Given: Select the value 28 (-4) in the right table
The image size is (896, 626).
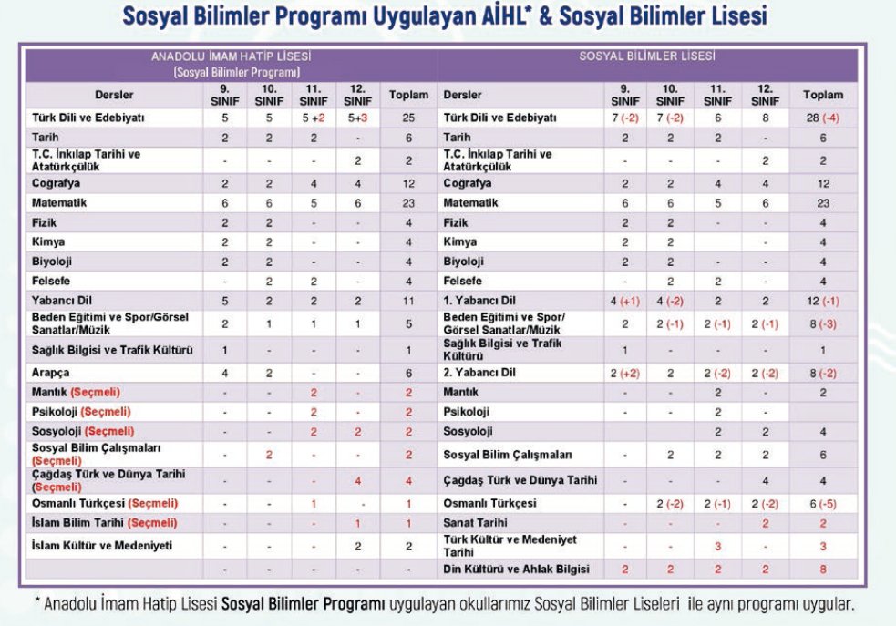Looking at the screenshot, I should coord(823,118).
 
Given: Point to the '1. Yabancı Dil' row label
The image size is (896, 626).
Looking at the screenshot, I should coord(479,300).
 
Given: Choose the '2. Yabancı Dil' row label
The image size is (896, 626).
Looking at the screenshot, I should coord(479,373).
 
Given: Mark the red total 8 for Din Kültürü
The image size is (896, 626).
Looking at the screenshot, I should coord(823,569).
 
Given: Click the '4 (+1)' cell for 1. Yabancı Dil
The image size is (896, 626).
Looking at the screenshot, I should coord(625,300).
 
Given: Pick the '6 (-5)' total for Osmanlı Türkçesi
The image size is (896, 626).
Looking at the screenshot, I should coord(823,503).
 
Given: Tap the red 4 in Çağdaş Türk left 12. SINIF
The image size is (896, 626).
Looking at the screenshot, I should coord(358,480).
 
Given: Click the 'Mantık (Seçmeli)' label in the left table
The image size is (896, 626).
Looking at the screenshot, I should coord(76,392).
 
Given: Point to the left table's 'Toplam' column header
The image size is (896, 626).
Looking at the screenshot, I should coord(407,95).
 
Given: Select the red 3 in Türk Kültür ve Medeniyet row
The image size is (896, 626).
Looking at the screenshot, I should coord(717,546).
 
